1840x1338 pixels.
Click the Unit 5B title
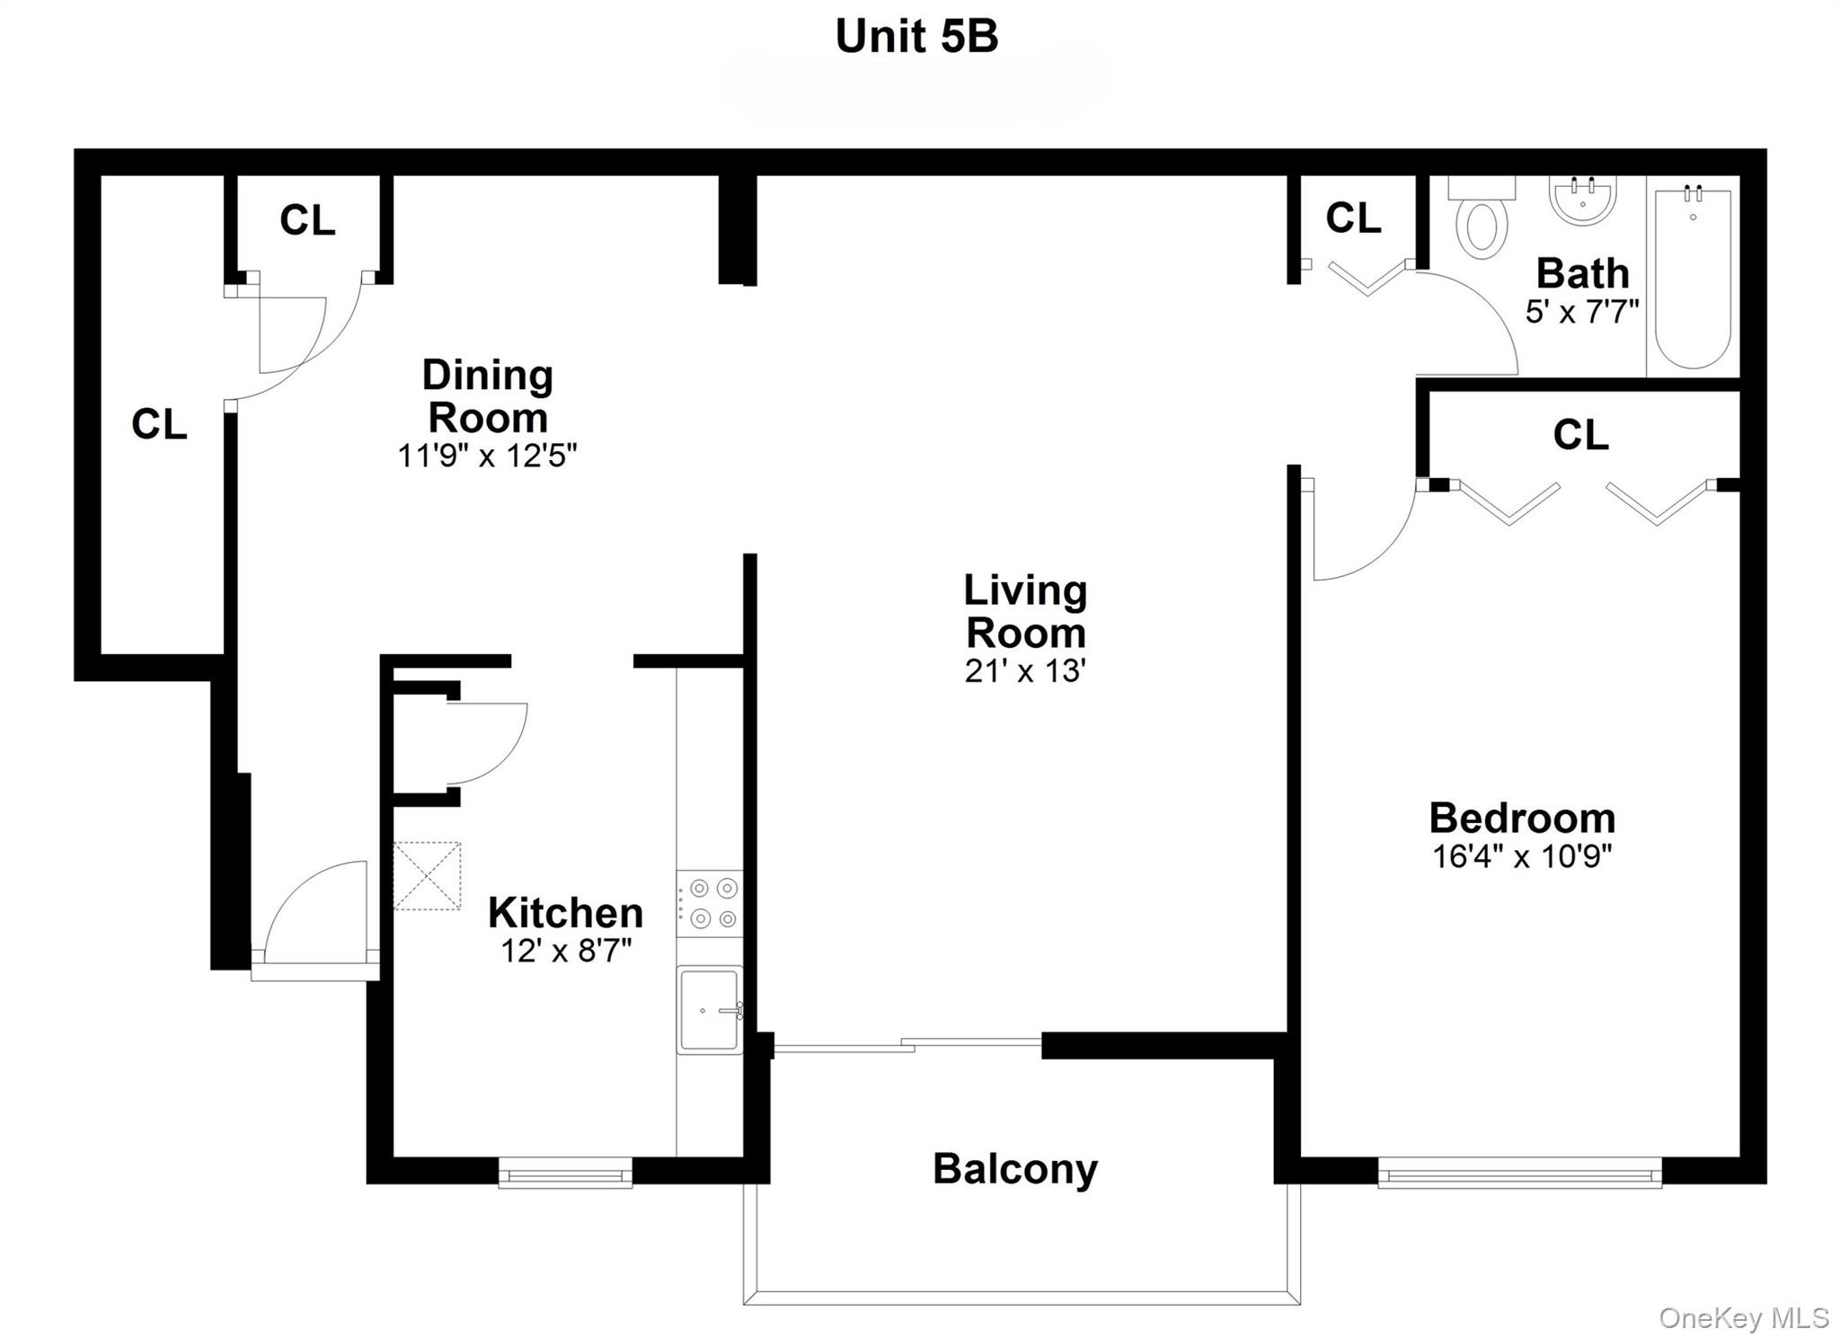pyautogui.click(x=916, y=37)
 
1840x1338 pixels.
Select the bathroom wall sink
pyautogui.click(x=1583, y=200)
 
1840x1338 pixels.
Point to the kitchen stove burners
pyautogui.click(x=710, y=904)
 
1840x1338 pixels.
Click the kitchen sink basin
pyautogui.click(x=710, y=1009)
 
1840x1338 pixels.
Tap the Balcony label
pyautogui.click(x=1015, y=1169)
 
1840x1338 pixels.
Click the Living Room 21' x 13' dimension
pyautogui.click(x=1025, y=671)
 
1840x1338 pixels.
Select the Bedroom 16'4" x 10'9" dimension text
pyautogui.click(x=1522, y=856)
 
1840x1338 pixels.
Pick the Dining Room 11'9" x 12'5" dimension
pyautogui.click(x=487, y=456)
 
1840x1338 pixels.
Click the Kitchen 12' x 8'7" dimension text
pyautogui.click(x=566, y=950)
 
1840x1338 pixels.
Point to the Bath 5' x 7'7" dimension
pyautogui.click(x=1582, y=311)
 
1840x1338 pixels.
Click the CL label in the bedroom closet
pyautogui.click(x=1580, y=435)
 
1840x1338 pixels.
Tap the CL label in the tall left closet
pyautogui.click(x=159, y=424)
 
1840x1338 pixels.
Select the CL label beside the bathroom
pyautogui.click(x=1353, y=217)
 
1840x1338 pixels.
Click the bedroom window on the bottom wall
pyautogui.click(x=1519, y=1174)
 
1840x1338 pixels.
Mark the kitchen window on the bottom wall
pyautogui.click(x=565, y=1174)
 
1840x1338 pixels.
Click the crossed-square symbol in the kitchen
pyautogui.click(x=427, y=876)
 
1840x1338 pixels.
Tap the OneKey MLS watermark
pyautogui.click(x=1743, y=1317)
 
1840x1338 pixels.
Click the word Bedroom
pyautogui.click(x=1522, y=819)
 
